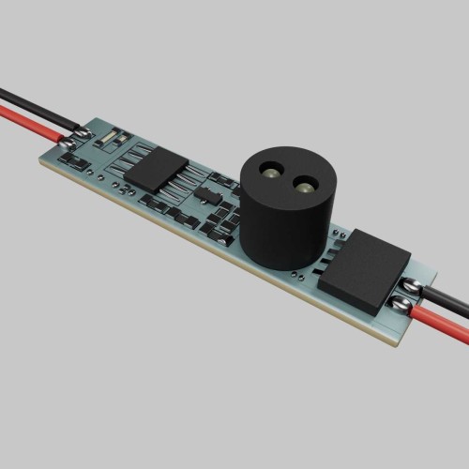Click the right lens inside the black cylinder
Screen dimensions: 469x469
[305, 185]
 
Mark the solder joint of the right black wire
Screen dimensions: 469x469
[412, 283]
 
